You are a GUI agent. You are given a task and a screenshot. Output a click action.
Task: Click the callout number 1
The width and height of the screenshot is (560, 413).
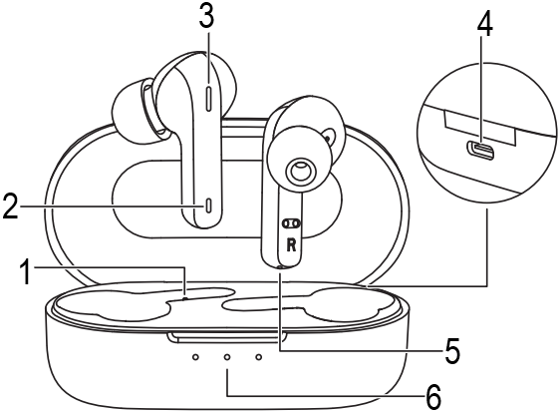[26, 272]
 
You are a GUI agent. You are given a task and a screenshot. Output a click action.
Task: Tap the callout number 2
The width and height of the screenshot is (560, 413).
[10, 206]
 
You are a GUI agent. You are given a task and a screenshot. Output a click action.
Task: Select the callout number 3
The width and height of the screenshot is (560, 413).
[207, 16]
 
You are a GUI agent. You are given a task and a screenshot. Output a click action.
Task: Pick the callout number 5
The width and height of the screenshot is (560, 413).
[452, 351]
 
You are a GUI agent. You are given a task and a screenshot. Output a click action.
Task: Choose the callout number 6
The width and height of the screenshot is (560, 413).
[433, 398]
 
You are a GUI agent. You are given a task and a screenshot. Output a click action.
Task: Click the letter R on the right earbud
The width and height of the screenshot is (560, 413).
[291, 245]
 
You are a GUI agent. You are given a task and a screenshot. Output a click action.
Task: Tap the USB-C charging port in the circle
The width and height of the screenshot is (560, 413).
[481, 150]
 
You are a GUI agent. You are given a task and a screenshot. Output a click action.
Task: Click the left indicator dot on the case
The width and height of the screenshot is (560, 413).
[195, 357]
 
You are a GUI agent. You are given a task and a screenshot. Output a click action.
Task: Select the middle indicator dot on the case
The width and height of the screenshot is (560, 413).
[227, 357]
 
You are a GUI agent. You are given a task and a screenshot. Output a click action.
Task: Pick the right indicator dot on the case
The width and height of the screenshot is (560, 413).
[259, 357]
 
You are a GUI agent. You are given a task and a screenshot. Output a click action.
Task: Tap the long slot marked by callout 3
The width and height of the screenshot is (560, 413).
[209, 97]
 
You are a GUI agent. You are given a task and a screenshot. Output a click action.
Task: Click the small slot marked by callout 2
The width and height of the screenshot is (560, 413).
[209, 206]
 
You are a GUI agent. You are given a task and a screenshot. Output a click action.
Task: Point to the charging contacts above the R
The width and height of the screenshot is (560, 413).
[291, 223]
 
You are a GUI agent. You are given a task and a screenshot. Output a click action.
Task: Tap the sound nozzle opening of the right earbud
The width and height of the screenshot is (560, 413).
[300, 171]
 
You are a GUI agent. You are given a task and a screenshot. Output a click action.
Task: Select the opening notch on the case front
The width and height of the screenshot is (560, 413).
[228, 337]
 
